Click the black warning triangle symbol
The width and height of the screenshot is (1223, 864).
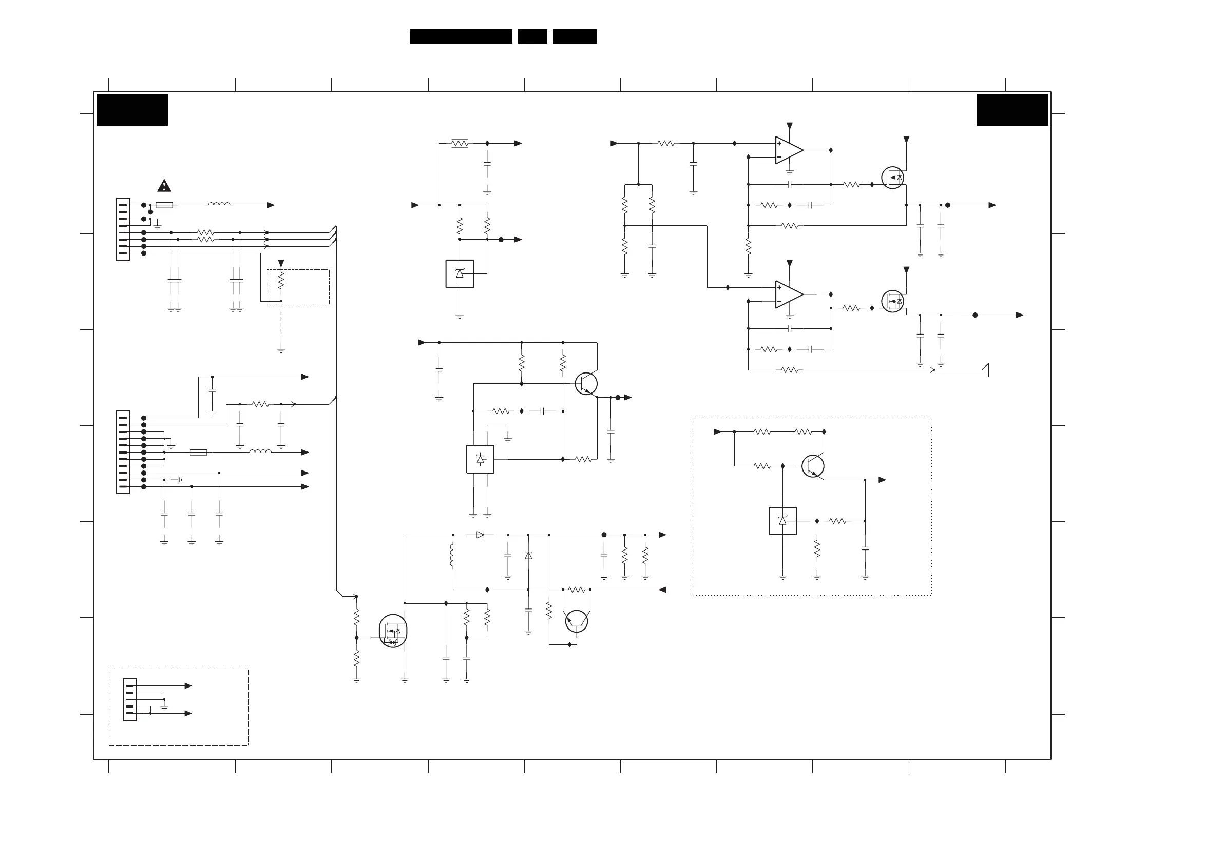(164, 186)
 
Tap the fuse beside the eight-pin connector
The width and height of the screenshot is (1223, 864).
(164, 205)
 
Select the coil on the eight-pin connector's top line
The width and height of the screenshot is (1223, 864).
(219, 204)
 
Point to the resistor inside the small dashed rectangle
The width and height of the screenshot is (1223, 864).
(281, 280)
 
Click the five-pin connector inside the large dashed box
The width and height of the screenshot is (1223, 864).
(129, 699)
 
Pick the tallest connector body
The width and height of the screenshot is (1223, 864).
(123, 452)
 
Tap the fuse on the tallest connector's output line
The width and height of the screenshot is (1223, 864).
(199, 453)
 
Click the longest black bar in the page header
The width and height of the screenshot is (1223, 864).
(461, 36)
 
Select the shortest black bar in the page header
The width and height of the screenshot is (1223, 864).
(532, 36)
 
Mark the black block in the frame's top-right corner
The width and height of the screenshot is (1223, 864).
(1012, 110)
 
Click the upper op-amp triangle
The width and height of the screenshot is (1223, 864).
(789, 150)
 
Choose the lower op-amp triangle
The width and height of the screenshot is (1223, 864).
(789, 294)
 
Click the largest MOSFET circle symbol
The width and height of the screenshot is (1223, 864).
(393, 631)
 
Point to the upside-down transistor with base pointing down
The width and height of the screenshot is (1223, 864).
(577, 621)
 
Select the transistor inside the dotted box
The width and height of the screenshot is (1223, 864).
(813, 466)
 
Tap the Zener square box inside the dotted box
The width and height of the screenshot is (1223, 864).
(782, 521)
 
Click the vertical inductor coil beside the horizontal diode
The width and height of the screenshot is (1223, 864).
(452, 555)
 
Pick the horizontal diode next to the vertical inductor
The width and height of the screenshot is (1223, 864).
(480, 535)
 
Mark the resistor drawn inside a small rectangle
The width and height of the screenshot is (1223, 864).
(459, 143)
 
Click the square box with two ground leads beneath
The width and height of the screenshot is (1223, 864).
(480, 459)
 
